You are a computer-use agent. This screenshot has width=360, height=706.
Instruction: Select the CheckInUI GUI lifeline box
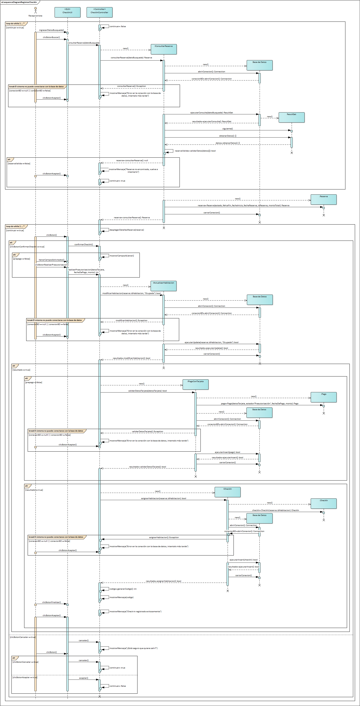click(x=67, y=12)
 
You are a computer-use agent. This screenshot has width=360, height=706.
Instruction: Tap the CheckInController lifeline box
click(x=100, y=12)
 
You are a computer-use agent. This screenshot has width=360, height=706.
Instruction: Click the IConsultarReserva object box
click(x=164, y=49)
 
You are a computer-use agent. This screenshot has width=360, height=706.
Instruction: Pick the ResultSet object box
click(x=291, y=117)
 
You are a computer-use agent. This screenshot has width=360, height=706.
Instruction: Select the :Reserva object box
click(x=323, y=199)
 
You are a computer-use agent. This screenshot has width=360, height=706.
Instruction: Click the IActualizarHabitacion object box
click(x=164, y=286)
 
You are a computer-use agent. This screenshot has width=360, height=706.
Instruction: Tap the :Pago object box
click(x=323, y=397)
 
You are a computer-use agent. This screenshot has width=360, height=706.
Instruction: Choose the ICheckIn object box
click(x=228, y=492)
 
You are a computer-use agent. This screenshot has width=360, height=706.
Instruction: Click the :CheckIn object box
click(x=323, y=503)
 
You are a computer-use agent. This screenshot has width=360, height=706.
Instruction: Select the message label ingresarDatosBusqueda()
click(x=52, y=30)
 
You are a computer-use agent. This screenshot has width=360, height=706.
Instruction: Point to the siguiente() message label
click(x=228, y=129)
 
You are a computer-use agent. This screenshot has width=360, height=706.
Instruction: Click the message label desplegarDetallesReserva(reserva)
click(x=127, y=230)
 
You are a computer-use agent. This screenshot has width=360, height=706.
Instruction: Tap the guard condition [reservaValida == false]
click(x=19, y=163)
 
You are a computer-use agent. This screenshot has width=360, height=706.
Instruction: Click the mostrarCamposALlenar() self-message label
click(x=122, y=256)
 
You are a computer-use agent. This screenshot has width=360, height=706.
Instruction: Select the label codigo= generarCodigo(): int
click(x=123, y=589)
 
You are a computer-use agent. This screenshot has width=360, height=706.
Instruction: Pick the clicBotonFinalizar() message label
click(x=52, y=602)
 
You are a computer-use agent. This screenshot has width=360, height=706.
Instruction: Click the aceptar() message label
click(x=84, y=678)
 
